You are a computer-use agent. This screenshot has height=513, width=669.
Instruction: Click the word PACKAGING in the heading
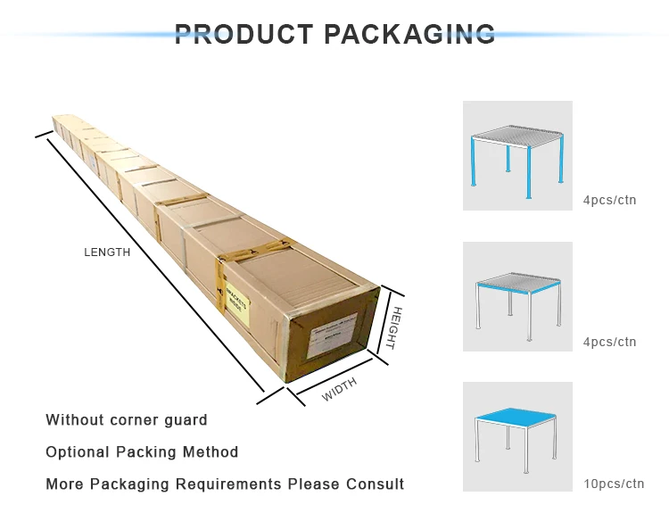click(409, 35)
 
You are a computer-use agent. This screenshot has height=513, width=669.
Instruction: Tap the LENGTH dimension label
click(107, 252)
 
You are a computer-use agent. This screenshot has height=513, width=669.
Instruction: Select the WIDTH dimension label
click(339, 389)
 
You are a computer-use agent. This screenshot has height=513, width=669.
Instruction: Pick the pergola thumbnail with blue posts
click(517, 155)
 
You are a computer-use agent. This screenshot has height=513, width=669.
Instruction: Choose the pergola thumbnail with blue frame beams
click(517, 296)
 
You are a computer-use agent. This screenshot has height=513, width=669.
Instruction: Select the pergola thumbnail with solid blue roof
click(517, 436)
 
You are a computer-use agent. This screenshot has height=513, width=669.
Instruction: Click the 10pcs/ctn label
click(614, 484)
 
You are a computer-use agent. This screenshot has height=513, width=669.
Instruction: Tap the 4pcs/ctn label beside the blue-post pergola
click(610, 200)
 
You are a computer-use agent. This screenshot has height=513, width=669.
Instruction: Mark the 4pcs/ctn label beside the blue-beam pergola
click(610, 342)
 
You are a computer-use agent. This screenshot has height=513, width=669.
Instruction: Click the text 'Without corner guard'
click(127, 419)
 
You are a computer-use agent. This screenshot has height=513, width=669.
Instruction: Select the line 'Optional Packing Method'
click(142, 452)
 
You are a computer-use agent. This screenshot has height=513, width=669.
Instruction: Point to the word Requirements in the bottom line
click(227, 484)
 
